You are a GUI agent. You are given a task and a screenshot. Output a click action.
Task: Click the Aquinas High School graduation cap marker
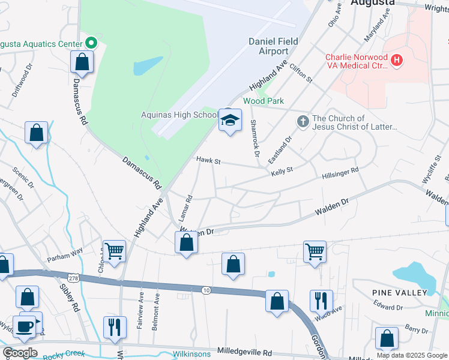point(229,120)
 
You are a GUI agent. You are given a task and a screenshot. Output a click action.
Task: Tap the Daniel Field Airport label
point(269,46)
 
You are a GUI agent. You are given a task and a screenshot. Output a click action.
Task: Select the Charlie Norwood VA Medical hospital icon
point(396,60)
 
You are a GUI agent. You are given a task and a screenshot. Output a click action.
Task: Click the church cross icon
point(303,122)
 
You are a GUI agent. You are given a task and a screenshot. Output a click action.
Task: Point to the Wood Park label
point(263,101)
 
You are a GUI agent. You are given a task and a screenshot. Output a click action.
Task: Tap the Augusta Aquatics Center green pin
point(91,43)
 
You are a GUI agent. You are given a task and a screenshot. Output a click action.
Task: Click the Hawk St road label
point(209,161)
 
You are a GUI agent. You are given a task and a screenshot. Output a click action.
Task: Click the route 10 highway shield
point(206,290)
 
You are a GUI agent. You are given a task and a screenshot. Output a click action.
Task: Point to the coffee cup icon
point(25,326)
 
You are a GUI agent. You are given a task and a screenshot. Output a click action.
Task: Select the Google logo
point(20,353)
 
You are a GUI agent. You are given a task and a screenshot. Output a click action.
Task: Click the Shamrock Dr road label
point(255,139)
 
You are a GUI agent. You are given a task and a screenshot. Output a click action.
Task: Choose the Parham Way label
point(65,256)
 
